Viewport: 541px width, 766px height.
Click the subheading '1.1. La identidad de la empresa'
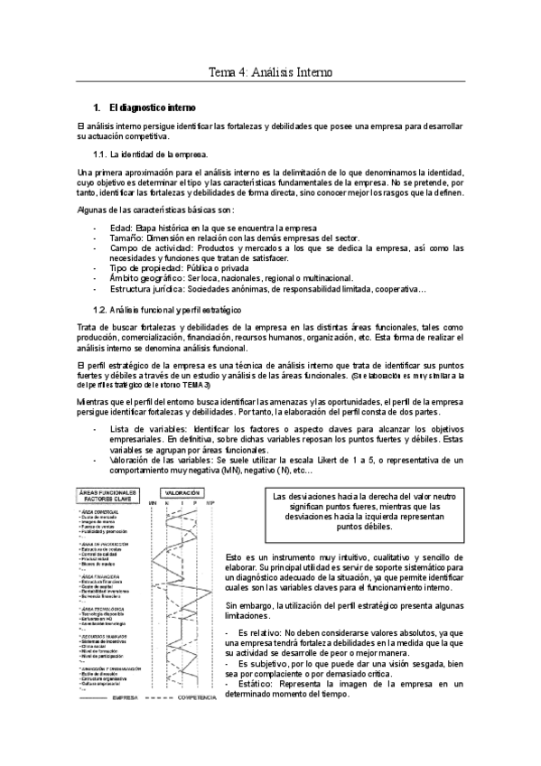tap(163, 154)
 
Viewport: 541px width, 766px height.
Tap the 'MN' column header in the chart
tap(153, 502)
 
